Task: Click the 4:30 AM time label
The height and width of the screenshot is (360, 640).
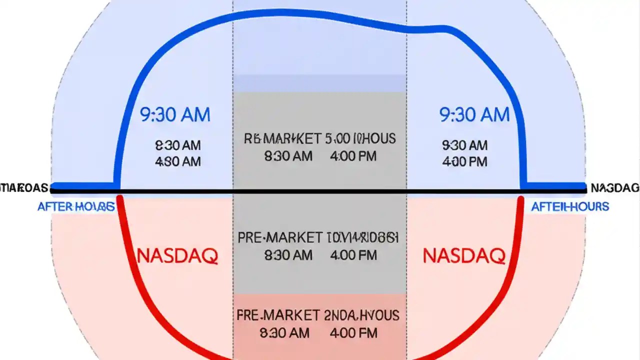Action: pos(178,161)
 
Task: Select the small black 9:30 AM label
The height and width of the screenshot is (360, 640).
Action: pos(464,145)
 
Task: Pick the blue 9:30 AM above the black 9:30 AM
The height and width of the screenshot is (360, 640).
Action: pos(474,115)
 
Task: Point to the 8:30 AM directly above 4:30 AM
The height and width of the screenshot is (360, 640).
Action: pos(178,145)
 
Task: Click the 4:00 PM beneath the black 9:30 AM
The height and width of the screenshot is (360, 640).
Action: pos(464,161)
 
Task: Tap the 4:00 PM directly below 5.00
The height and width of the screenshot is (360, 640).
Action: pos(353,156)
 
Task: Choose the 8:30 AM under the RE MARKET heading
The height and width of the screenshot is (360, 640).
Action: pos(288,156)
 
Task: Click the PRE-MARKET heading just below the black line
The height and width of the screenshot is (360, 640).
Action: pos(279,237)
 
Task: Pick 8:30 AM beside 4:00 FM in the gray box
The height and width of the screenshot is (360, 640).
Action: pos(288,255)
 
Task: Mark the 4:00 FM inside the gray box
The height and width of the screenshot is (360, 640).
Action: pos(353,255)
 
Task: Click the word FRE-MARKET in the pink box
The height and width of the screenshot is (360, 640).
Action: pos(278,315)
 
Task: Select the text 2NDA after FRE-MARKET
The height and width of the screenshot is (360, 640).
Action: pos(340,315)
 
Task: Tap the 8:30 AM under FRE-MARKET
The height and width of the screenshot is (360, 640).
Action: pos(285,332)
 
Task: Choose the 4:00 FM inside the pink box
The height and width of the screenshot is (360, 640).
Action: pos(353,332)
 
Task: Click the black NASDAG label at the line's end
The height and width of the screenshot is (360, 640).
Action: pos(614,188)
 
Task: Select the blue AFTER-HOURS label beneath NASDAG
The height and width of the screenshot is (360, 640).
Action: pos(570,206)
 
